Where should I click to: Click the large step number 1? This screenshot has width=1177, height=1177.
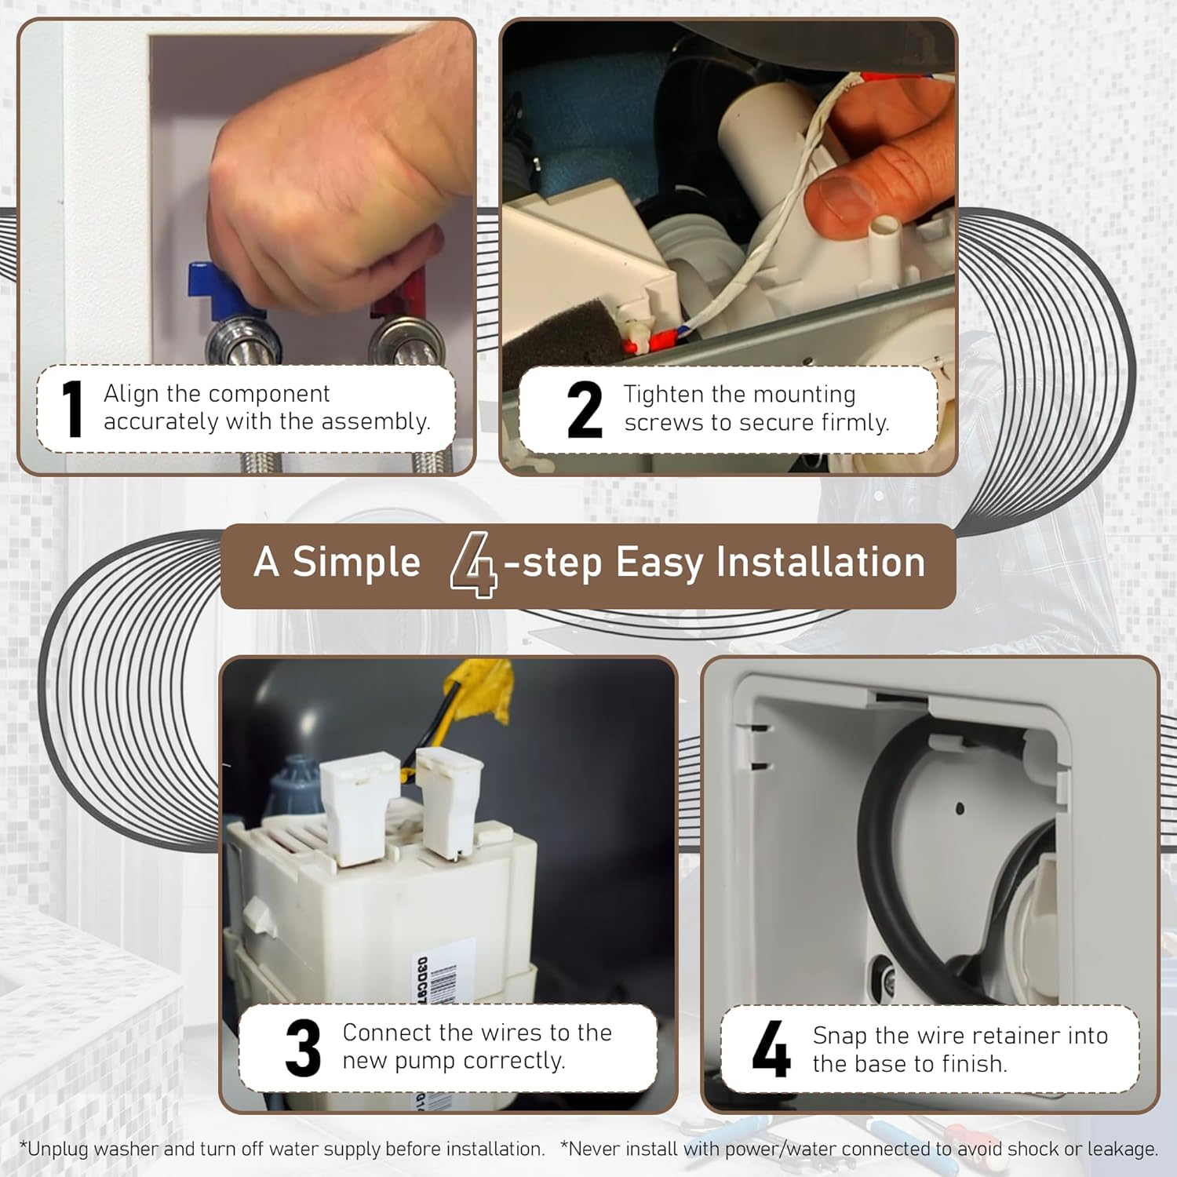(x=73, y=408)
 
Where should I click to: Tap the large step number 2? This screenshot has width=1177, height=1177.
(x=585, y=409)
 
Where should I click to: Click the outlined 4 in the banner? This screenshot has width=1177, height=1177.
(x=474, y=564)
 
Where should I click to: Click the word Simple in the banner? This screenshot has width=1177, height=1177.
(x=356, y=563)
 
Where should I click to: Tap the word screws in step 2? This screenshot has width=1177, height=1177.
(x=664, y=423)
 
